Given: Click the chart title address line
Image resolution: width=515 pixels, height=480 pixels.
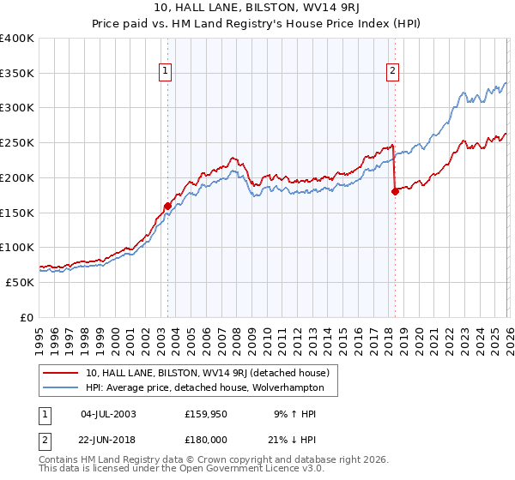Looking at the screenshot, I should click(257, 9).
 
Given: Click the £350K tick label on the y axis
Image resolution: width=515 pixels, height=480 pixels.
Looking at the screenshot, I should click(17, 74).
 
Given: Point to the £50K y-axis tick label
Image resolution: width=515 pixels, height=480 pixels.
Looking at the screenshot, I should click(20, 282).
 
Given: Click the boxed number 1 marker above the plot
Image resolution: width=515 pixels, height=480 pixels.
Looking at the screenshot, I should click(164, 72).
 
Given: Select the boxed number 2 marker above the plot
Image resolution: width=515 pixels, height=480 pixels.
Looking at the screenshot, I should click(392, 72).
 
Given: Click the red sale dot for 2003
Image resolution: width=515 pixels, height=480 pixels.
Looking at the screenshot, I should click(167, 206).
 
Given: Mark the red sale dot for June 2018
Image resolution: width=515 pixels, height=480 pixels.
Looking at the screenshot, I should click(395, 192).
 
